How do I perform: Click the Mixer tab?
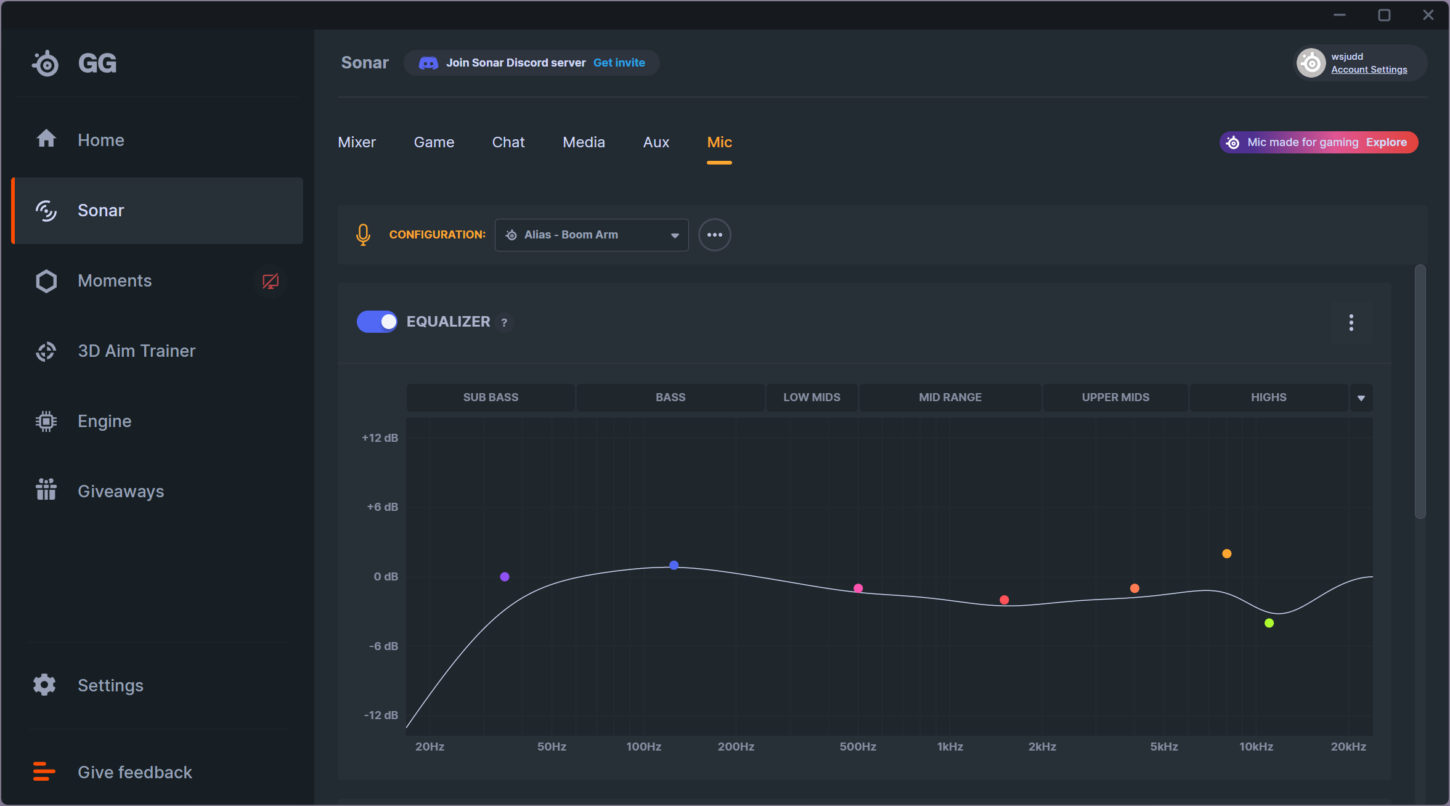coord(357,142)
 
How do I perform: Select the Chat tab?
coord(508,142)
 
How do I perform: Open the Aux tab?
coord(656,142)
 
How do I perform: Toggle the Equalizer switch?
coord(377,322)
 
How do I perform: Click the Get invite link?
coord(619,63)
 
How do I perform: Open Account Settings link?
coord(1369,70)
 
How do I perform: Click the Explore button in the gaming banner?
coord(1386,142)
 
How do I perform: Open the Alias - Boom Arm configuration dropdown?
coord(591,235)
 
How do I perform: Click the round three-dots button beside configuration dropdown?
coord(714,235)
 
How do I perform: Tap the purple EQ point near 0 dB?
coord(505,577)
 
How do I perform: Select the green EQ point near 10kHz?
coord(1269,623)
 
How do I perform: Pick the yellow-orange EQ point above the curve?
coord(1226,553)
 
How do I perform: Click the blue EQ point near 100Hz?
coord(674,565)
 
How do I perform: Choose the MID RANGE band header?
coord(950,397)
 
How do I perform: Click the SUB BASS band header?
coord(491,397)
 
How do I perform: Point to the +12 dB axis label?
coord(380,438)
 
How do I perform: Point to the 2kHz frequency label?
coord(1041,746)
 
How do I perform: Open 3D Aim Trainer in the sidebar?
coord(136,351)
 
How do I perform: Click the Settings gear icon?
coord(44,685)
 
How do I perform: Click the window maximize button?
coord(1384,15)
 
